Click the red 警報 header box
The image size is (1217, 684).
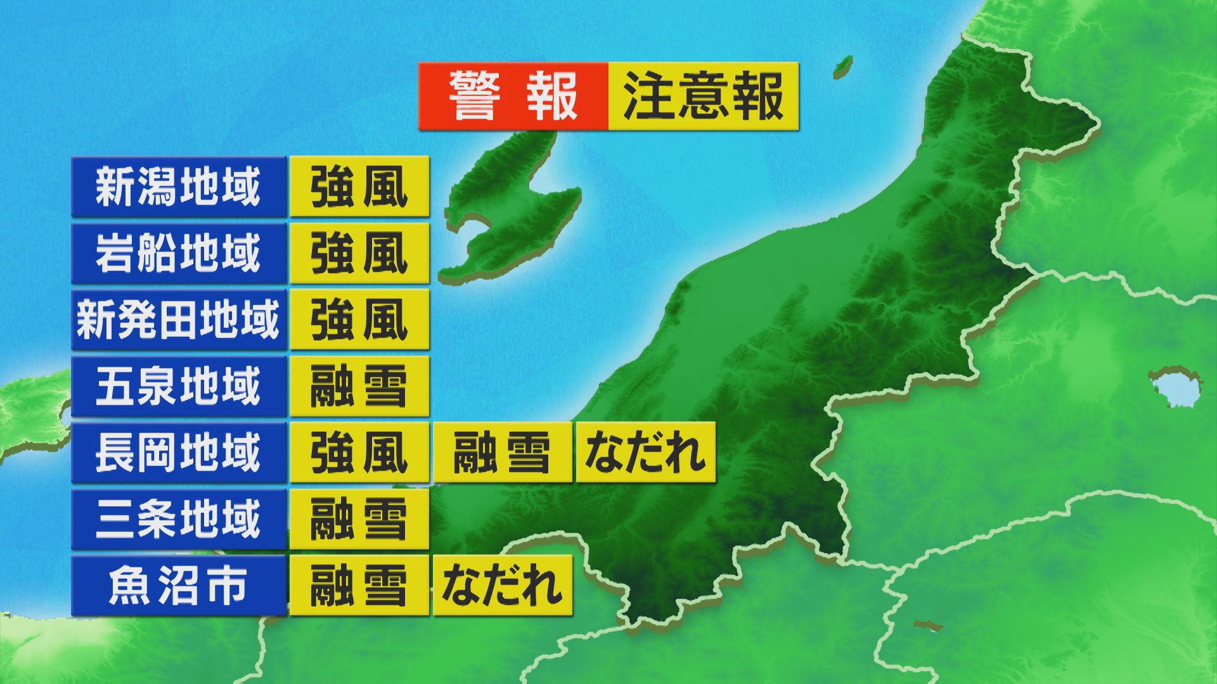click(513, 96)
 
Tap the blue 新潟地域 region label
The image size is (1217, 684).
click(179, 187)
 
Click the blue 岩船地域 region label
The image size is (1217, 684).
click(179, 253)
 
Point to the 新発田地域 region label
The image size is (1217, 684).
click(179, 320)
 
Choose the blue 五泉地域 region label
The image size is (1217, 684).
click(179, 386)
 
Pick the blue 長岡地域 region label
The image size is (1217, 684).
click(179, 452)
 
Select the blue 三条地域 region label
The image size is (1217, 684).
click(179, 519)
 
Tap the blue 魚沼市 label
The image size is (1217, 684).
click(179, 585)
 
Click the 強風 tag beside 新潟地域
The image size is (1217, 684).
click(359, 187)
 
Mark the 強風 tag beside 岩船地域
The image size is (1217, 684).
click(359, 253)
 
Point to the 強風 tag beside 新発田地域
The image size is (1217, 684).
click(359, 320)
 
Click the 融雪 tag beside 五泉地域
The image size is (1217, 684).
click(359, 386)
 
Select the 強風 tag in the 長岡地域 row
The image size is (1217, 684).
click(359, 452)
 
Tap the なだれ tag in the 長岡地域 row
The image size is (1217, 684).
click(645, 452)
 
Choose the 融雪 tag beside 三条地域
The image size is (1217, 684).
click(359, 519)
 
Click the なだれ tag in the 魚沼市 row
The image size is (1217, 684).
click(503, 585)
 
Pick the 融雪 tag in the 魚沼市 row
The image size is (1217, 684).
click(359, 585)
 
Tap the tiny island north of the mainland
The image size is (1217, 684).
click(843, 64)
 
